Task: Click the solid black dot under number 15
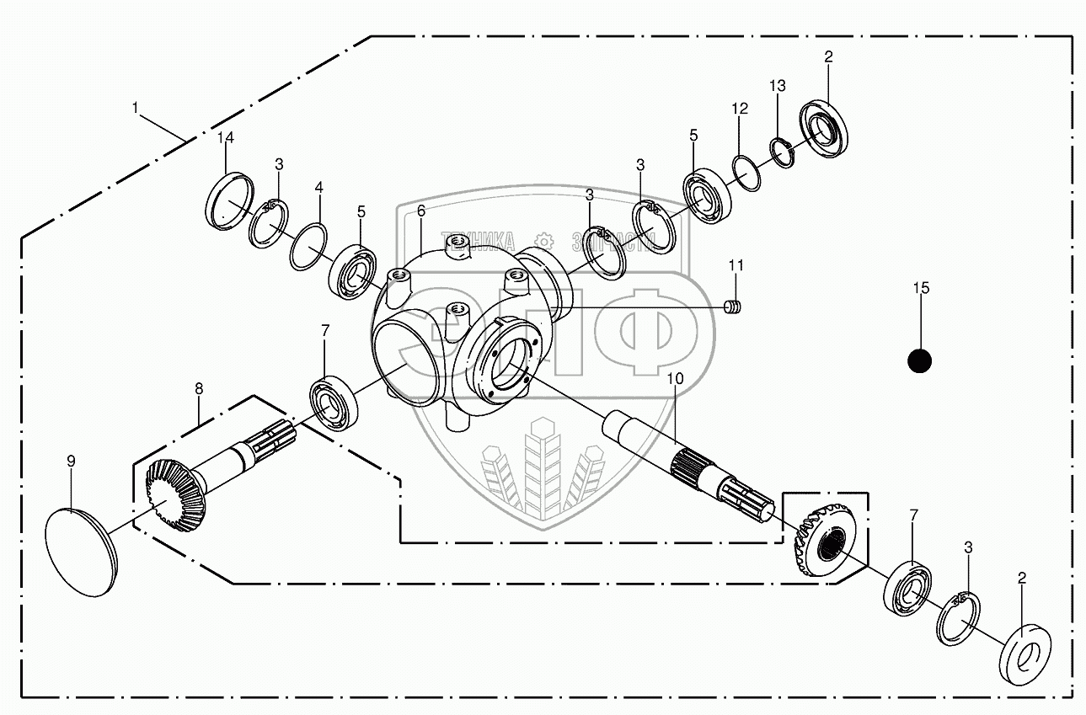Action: (x=920, y=360)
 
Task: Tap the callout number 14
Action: (x=226, y=137)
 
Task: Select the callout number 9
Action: (x=71, y=461)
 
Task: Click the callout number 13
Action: (x=777, y=86)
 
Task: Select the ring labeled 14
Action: (x=229, y=202)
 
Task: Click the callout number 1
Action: (x=134, y=108)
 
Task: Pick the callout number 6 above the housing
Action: (x=420, y=210)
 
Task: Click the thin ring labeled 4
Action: (x=308, y=246)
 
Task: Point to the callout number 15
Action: (x=920, y=288)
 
